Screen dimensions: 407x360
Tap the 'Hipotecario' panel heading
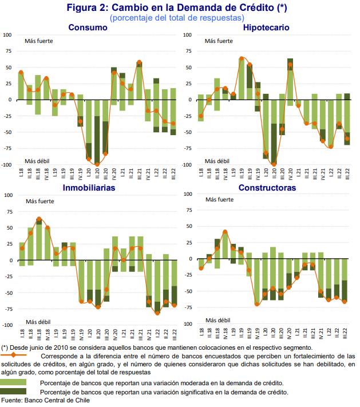[266, 27]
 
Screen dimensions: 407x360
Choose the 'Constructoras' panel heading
[267, 187]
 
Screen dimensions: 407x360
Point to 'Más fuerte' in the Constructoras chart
[219, 199]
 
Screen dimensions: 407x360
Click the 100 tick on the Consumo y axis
[7, 35]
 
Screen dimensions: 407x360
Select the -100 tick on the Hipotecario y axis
[187, 165]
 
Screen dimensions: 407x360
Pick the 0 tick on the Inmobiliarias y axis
[10, 260]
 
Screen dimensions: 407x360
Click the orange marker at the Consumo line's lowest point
[97, 164]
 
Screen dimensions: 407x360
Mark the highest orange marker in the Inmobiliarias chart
[39, 219]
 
